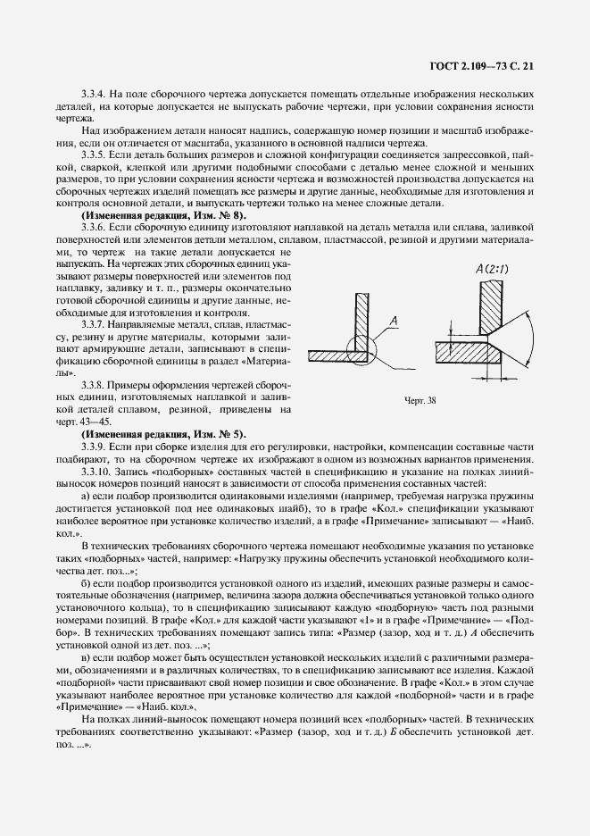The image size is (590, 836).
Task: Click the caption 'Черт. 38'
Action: (x=420, y=400)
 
